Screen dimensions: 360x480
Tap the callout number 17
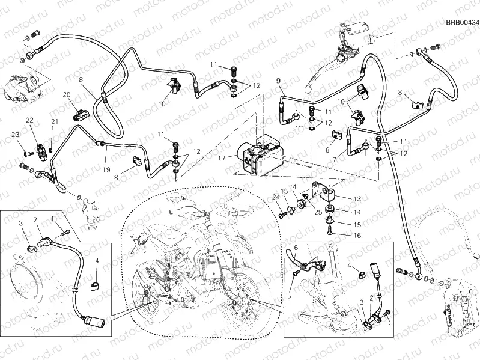pos(222,159)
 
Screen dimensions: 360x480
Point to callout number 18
pos(79,80)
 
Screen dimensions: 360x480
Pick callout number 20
pos(66,94)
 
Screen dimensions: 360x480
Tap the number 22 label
pos(29,121)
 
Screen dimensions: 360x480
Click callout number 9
pos(279,81)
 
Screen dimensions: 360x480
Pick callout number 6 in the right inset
pos(295,248)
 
